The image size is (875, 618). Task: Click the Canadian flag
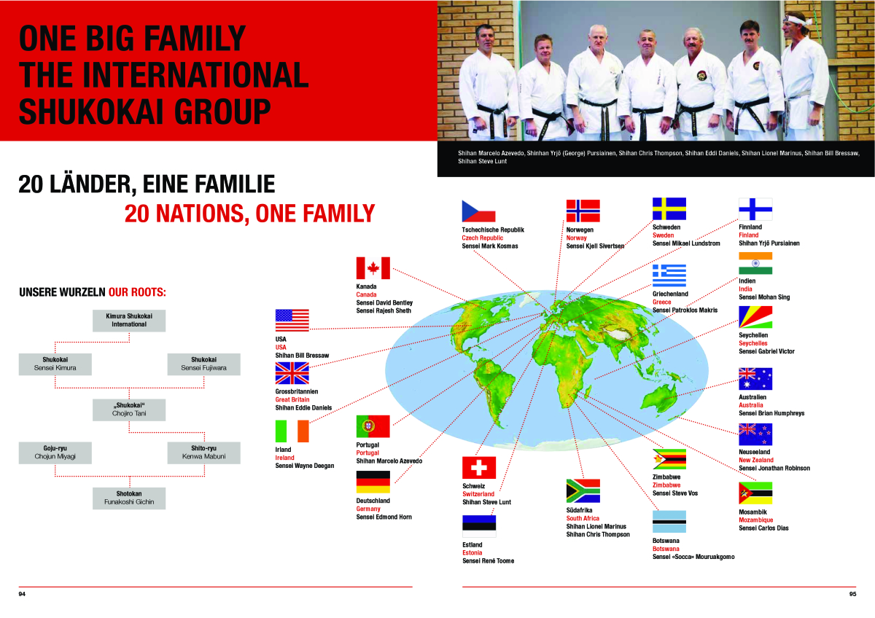(x=373, y=267)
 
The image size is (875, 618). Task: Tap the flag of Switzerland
(x=479, y=467)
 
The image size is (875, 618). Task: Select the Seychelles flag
(x=755, y=317)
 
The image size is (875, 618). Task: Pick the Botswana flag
(x=669, y=522)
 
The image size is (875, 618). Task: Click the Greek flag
(x=669, y=275)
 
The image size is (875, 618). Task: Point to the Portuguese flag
(x=373, y=426)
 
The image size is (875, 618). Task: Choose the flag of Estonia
(x=479, y=526)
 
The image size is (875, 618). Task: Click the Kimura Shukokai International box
(x=129, y=321)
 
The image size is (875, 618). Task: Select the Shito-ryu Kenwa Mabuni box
(x=203, y=453)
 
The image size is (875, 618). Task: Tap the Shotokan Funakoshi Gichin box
(x=129, y=498)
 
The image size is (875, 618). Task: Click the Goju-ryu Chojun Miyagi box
(x=55, y=453)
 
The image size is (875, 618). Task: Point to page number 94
(x=22, y=594)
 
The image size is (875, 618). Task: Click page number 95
(x=852, y=594)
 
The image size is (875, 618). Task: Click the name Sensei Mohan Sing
(x=764, y=297)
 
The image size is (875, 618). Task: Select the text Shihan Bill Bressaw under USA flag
(x=302, y=355)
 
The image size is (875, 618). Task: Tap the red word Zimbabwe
(x=666, y=485)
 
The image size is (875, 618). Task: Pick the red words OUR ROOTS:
(x=137, y=292)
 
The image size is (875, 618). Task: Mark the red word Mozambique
(x=756, y=520)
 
